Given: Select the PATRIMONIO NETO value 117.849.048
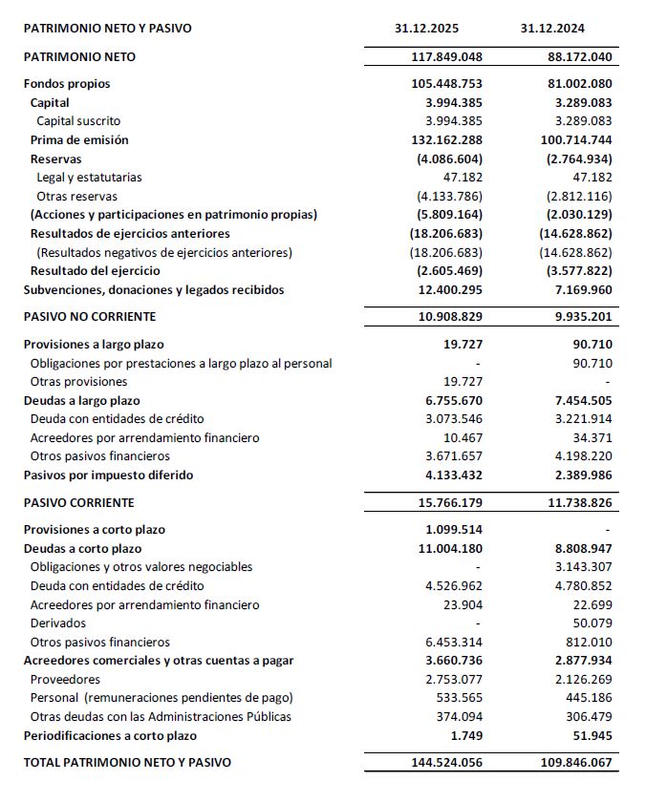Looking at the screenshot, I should pyautogui.click(x=442, y=56).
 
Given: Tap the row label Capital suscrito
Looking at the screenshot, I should pyautogui.click(x=78, y=121).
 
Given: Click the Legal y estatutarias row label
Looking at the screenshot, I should pyautogui.click(x=89, y=178).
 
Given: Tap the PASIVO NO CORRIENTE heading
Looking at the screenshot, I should pyautogui.click(x=89, y=316).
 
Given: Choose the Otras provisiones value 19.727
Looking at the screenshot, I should pyautogui.click(x=463, y=382).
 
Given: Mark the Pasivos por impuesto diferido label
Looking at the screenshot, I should pyautogui.click(x=108, y=475).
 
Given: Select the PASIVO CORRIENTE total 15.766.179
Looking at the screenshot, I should pyautogui.click(x=442, y=502).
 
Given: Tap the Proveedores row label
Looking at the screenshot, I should pyautogui.click(x=65, y=680).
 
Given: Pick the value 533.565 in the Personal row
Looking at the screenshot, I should pyautogui.click(x=457, y=698).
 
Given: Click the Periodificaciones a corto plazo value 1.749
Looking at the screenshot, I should pyautogui.click(x=467, y=735).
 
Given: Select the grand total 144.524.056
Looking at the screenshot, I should pyautogui.click(x=442, y=763).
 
